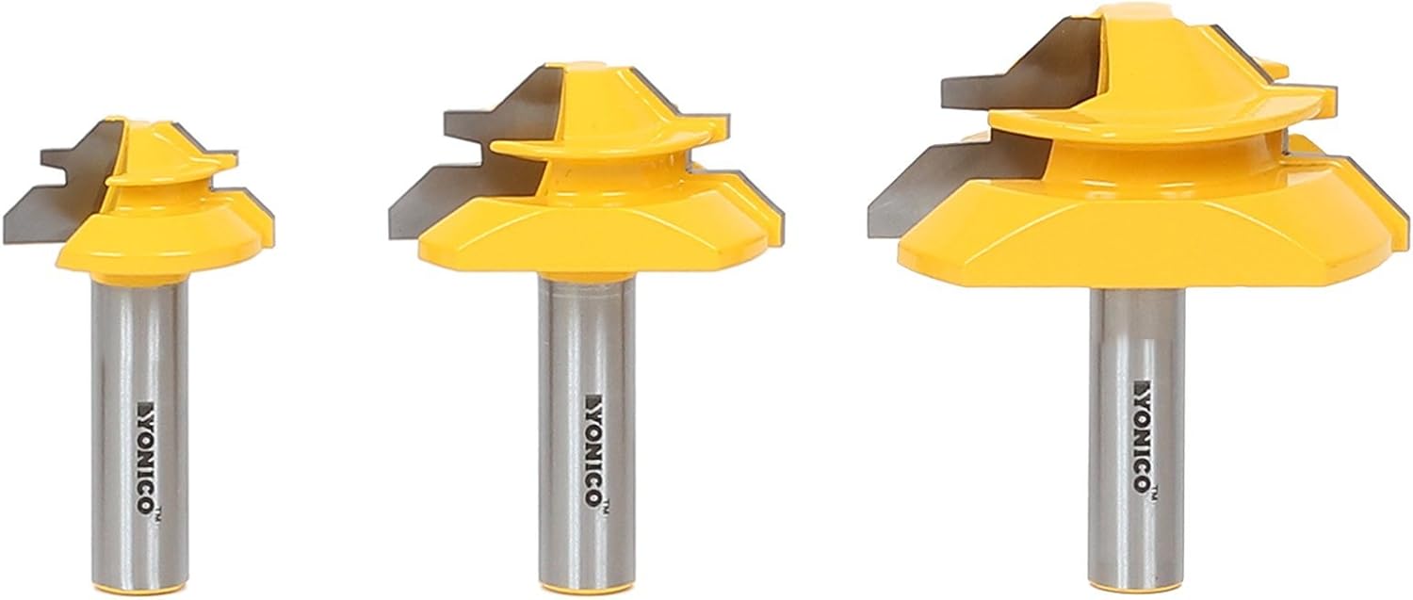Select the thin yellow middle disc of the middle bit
click(603, 147)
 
